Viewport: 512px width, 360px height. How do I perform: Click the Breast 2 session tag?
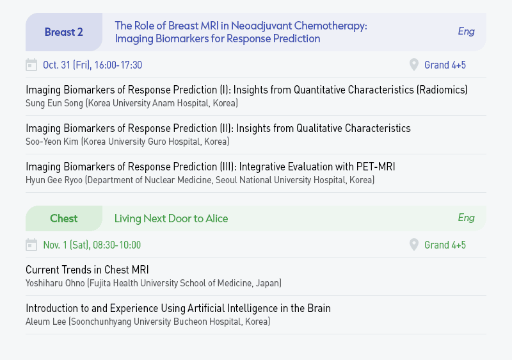pyautogui.click(x=63, y=32)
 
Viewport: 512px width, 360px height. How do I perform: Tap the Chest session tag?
pyautogui.click(x=63, y=218)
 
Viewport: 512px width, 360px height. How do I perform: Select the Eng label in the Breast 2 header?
pyautogui.click(x=466, y=31)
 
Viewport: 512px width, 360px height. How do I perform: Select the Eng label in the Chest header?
pyautogui.click(x=466, y=218)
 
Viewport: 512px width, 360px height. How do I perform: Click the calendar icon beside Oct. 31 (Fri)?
pyautogui.click(x=31, y=65)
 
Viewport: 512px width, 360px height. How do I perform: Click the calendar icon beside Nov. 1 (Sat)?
pyautogui.click(x=31, y=245)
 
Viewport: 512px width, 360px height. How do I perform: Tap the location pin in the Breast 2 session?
pyautogui.click(x=413, y=65)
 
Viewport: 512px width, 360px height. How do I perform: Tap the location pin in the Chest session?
pyautogui.click(x=413, y=245)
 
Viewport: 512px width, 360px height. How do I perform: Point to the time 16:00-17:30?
pyautogui.click(x=118, y=65)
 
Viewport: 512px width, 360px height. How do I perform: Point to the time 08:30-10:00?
pyautogui.click(x=116, y=245)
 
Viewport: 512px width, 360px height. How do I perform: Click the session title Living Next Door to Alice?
pyautogui.click(x=171, y=218)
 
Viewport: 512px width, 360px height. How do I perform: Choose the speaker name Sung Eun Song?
pyautogui.click(x=54, y=103)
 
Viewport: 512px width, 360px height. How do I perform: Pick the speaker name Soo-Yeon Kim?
pyautogui.click(x=52, y=142)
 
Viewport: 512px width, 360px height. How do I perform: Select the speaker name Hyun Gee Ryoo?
pyautogui.click(x=54, y=180)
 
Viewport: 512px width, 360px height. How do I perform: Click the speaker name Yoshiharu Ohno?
pyautogui.click(x=55, y=283)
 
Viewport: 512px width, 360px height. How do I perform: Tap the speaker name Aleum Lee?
pyautogui.click(x=45, y=322)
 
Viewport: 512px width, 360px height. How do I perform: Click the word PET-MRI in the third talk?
pyautogui.click(x=376, y=167)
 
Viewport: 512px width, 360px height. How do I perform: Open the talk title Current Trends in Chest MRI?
pyautogui.click(x=87, y=270)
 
